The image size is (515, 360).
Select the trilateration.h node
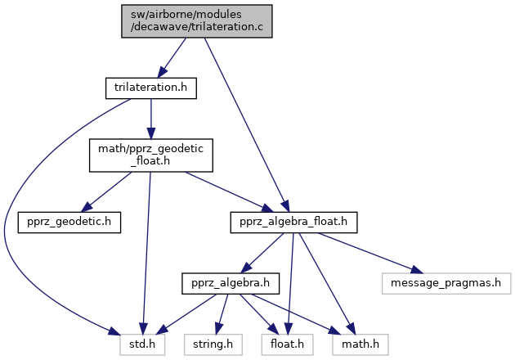[x=151, y=87]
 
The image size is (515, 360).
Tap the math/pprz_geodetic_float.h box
[x=151, y=155]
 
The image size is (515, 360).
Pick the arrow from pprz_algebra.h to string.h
[x=219, y=314]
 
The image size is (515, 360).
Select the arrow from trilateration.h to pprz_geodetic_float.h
[x=151, y=119]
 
